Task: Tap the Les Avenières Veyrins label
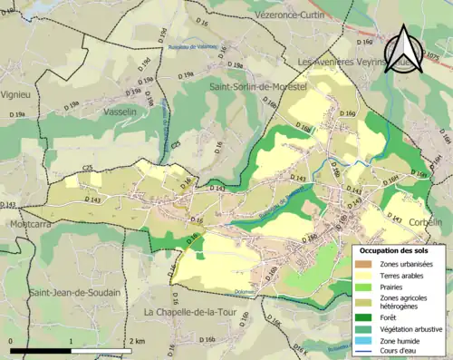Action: pos(352,62)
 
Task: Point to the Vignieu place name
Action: pos(15,93)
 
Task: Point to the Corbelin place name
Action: pos(424,222)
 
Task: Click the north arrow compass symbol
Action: pos(406,53)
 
